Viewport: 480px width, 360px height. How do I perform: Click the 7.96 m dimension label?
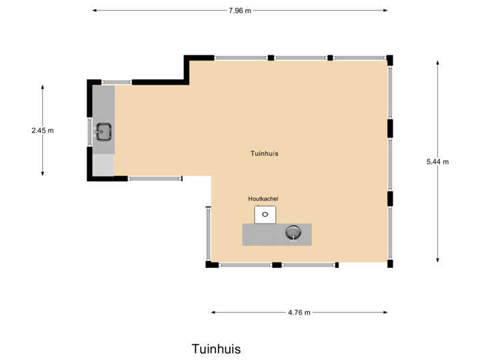point(239,11)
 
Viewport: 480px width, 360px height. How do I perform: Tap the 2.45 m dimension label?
point(42,131)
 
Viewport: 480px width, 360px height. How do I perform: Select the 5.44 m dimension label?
point(437,161)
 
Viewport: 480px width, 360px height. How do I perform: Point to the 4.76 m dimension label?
point(299,312)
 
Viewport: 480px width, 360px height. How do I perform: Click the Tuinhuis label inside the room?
point(264,153)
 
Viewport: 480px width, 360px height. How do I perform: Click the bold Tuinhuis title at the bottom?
point(216,349)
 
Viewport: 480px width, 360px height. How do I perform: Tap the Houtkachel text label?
point(263,199)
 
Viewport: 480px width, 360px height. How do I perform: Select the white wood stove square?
point(265,215)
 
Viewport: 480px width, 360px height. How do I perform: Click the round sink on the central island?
point(293,232)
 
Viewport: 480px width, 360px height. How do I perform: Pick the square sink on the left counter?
point(103,131)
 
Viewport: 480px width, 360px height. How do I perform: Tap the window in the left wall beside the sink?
point(89,131)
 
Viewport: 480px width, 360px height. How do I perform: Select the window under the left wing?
point(155,179)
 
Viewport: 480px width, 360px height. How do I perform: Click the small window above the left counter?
point(116,82)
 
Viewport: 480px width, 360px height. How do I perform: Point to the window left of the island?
point(208,233)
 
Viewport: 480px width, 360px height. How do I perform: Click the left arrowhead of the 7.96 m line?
point(94,11)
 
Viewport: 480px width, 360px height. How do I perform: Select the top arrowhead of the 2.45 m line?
point(42,87)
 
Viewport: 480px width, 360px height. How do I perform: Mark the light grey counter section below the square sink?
point(103,164)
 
